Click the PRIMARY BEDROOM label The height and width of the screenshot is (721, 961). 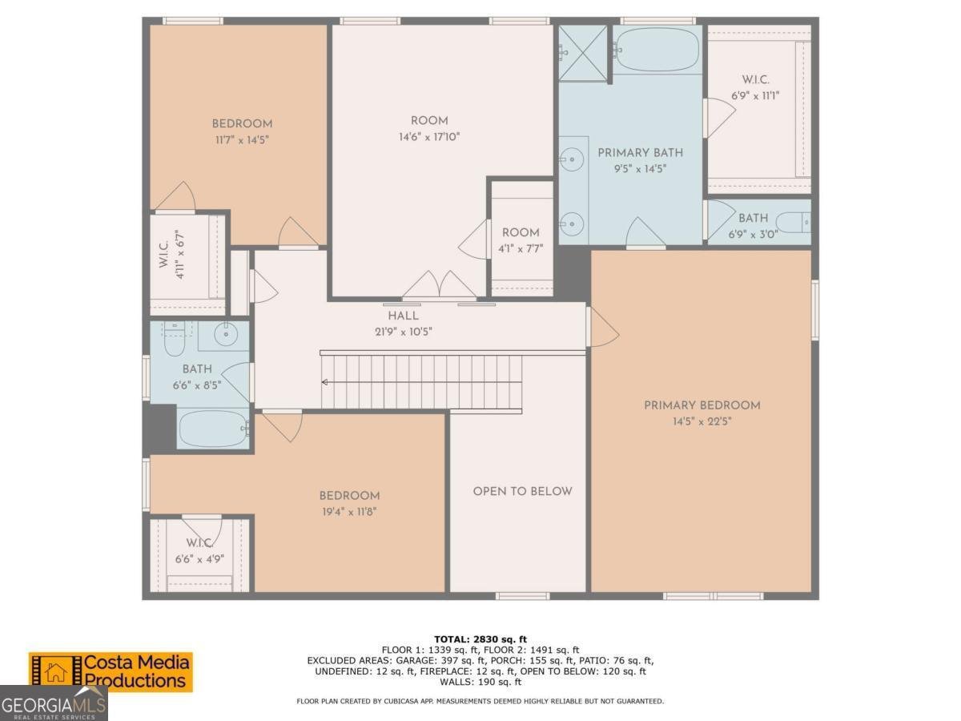(702, 405)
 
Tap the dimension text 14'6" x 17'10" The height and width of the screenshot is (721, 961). (429, 137)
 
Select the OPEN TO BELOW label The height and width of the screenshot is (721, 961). (522, 491)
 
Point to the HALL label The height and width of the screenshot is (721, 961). (403, 316)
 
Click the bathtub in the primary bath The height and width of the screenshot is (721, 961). (656, 50)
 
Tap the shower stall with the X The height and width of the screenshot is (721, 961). (583, 53)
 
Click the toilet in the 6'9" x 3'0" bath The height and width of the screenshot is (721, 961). (795, 223)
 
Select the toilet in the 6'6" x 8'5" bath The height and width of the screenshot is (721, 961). (175, 339)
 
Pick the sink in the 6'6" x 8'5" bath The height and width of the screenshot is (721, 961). (226, 335)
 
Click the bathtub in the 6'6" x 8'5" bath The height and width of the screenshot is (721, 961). (214, 429)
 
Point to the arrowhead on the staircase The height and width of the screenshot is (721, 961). (325, 383)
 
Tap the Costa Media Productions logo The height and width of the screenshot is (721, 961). (111, 672)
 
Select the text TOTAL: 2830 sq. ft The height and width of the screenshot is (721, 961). (480, 639)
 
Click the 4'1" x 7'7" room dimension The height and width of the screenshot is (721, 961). (521, 249)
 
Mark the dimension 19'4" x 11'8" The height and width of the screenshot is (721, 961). (349, 512)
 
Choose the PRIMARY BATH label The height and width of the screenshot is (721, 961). (640, 153)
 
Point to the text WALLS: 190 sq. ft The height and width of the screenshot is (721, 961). (480, 682)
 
